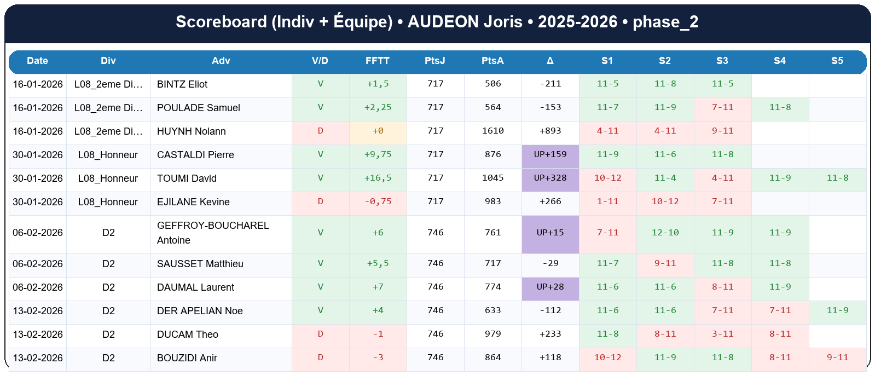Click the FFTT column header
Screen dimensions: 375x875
[378, 61]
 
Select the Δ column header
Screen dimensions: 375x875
[550, 61]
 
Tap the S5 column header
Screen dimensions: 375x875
[837, 61]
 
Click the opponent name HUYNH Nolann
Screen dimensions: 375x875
[191, 131]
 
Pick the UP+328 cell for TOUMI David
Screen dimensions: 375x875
[550, 178]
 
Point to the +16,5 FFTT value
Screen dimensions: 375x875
[378, 178]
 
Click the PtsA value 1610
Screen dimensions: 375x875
[492, 131]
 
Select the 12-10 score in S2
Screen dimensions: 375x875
[665, 233]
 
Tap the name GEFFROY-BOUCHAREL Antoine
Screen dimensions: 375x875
[212, 233]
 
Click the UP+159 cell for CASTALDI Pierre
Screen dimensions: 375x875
[550, 154]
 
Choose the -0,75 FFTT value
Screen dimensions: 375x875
[378, 201]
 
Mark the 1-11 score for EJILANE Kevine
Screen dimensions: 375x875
[607, 201]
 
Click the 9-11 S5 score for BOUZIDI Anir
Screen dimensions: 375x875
[837, 357]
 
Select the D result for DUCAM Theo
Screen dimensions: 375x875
[320, 334]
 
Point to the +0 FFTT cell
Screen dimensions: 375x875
[378, 131]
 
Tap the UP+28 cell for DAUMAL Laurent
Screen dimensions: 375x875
[550, 287]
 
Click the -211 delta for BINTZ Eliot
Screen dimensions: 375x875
[550, 84]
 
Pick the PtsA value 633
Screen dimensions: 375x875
[492, 310]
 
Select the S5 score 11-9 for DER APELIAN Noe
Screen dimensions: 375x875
[837, 310]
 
